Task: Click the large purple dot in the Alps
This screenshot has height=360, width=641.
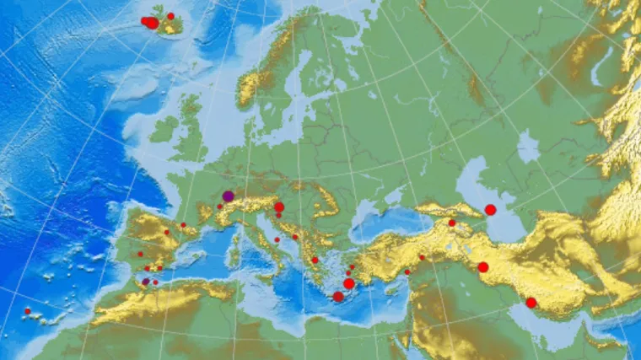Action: coord(228,196)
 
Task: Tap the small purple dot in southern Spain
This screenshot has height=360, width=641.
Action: coord(146,281)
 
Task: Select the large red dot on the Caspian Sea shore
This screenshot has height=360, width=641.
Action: coord(490,209)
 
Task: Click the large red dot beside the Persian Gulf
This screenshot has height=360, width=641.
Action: coord(531,303)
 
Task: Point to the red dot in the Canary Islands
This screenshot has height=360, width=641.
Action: coord(27,311)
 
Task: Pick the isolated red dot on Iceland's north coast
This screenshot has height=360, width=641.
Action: coord(170,16)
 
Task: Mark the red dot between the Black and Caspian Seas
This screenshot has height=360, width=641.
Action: coord(451,223)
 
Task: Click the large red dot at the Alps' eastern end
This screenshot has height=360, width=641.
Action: coord(278,207)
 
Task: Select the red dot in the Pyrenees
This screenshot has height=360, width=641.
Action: coord(183,225)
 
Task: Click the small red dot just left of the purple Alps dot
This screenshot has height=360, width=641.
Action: coord(219,206)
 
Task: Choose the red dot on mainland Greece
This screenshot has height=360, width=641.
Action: coord(315,260)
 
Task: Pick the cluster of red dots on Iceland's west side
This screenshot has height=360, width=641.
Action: coord(149,22)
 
